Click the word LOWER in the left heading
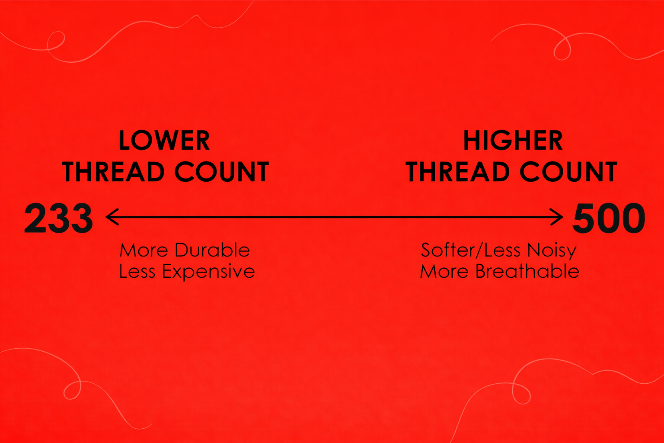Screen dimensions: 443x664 point(164,141)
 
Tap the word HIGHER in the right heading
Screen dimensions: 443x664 point(513,141)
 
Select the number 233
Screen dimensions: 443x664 point(58,218)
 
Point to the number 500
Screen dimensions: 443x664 point(609,218)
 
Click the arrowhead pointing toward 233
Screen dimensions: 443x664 point(112,217)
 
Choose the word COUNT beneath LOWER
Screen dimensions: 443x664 point(222,172)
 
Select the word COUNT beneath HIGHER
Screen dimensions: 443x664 point(568,172)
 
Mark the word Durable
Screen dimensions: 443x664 point(212,250)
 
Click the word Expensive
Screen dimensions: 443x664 point(208,272)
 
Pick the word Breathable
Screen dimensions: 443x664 point(527,272)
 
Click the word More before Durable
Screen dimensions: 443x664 point(144,250)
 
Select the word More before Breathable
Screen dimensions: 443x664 point(444,272)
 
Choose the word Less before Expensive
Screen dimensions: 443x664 point(137,272)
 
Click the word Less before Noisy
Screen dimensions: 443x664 point(502,250)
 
